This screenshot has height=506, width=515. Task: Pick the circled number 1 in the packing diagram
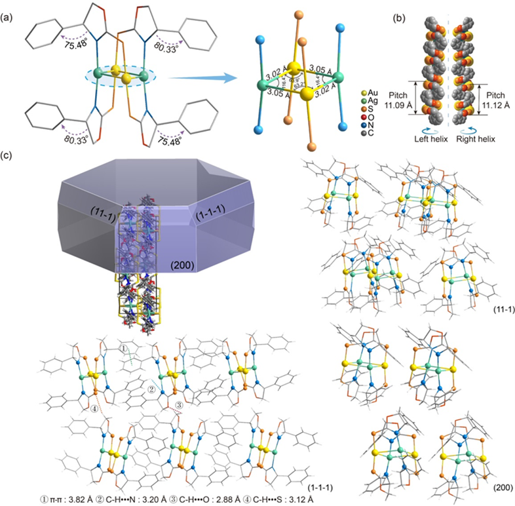[x=125, y=348]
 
